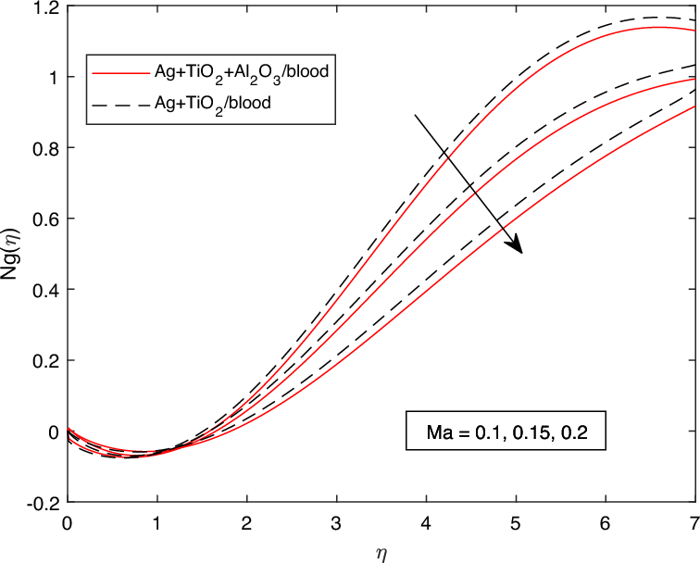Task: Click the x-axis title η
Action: (381, 553)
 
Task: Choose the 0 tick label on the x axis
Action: (68, 522)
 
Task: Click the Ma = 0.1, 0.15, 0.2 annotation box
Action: (504, 432)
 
